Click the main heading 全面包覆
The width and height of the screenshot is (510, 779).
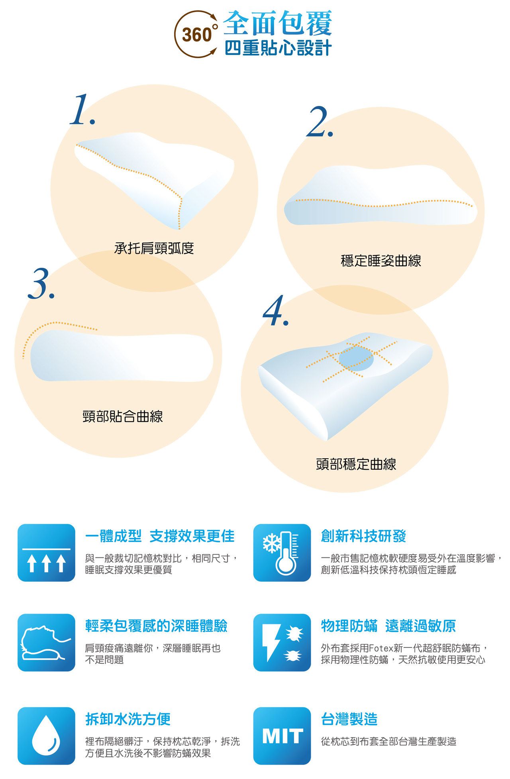click(x=277, y=23)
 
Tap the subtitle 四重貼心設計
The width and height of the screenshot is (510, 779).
click(x=278, y=48)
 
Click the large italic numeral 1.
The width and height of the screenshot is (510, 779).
click(x=82, y=110)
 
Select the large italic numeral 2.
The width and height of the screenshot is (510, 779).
click(x=320, y=122)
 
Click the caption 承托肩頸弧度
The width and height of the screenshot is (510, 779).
click(x=154, y=248)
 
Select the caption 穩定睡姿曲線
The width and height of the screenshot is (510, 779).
click(x=381, y=261)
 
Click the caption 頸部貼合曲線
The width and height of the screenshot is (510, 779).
click(x=123, y=416)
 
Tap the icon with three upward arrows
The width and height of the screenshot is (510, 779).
click(x=46, y=553)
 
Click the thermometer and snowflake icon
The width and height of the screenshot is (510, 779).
click(x=282, y=553)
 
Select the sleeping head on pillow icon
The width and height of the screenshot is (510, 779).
click(x=46, y=642)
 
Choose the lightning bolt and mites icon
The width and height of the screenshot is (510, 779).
click(x=282, y=642)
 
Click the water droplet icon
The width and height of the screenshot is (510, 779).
click(x=46, y=736)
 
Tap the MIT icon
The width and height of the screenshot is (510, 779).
click(x=282, y=736)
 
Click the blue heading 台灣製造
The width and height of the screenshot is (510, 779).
click(x=349, y=719)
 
